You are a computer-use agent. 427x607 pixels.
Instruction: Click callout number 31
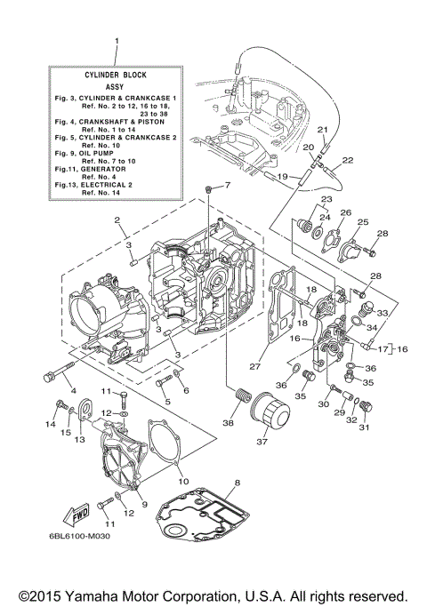[x=362, y=427]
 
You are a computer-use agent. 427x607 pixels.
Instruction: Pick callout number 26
[x=345, y=213]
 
